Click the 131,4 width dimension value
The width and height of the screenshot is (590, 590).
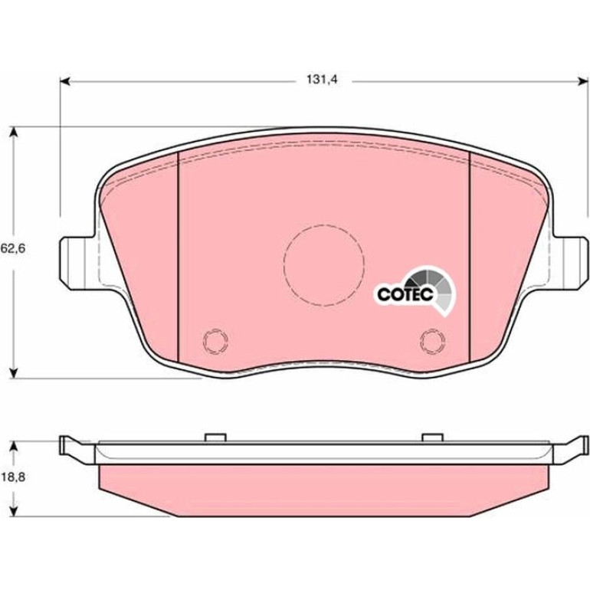coord(322,80)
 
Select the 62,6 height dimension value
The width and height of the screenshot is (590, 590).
coord(13,249)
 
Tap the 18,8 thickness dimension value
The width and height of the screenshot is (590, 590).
coord(13,477)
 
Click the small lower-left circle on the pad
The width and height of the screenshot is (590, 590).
coord(215,341)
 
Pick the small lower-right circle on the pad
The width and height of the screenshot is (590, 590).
coord(433,341)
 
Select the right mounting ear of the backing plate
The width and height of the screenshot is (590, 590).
coord(569,263)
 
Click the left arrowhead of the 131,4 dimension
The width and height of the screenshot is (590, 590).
coord(64,81)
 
